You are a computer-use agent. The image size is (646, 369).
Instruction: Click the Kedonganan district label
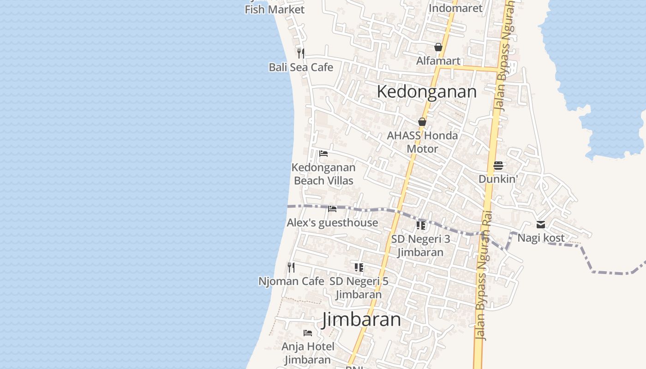[426, 91]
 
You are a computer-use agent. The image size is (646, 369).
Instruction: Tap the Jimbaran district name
[361, 319]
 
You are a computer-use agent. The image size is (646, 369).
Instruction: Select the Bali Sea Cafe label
[301, 67]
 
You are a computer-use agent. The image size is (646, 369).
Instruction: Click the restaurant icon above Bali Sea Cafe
[301, 53]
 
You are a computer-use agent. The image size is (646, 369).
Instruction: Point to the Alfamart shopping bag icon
[438, 47]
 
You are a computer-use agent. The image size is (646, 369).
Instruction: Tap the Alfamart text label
[438, 61]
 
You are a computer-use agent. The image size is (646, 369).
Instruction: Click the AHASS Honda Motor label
[422, 142]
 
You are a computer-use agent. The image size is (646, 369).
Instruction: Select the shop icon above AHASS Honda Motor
[422, 122]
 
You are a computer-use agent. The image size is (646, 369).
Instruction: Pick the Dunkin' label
[498, 179]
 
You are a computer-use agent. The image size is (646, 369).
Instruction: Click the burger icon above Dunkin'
[498, 166]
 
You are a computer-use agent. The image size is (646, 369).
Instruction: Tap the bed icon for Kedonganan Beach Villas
[323, 153]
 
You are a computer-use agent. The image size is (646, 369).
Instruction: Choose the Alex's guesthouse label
[332, 223]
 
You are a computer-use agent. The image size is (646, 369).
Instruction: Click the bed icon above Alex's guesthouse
[332, 208]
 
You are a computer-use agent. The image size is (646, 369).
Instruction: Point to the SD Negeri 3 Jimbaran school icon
[420, 225]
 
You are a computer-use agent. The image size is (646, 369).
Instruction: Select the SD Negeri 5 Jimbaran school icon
[359, 267]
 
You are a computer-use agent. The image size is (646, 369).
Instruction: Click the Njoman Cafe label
[291, 281]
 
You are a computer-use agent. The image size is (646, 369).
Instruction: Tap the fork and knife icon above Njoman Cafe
[291, 267]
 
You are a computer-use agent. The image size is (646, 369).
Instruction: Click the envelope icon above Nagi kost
[541, 225]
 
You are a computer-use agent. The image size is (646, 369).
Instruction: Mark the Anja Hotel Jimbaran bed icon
[308, 333]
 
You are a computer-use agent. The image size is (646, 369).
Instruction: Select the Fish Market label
[275, 9]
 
